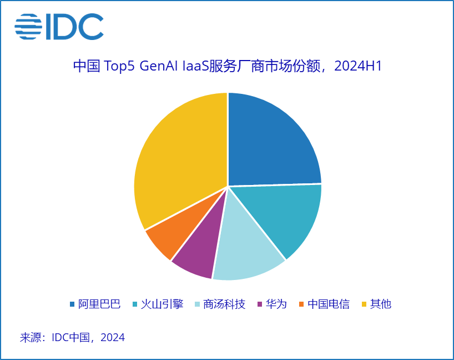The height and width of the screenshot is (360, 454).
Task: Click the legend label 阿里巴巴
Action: click(99, 304)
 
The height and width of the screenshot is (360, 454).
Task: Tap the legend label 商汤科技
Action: click(224, 304)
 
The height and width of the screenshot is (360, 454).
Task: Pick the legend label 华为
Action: click(276, 304)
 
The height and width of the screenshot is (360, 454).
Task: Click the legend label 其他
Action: click(381, 304)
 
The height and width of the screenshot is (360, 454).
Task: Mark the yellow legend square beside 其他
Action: click(364, 304)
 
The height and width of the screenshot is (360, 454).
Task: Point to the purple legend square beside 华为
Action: click(260, 304)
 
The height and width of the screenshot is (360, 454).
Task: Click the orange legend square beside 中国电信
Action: click(301, 304)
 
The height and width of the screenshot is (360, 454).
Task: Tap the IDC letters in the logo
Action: click(74, 27)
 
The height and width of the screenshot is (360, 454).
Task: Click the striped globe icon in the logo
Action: click(28, 27)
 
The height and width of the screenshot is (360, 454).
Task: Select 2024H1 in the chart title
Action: click(361, 66)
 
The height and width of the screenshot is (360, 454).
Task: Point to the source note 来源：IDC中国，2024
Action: click(72, 337)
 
